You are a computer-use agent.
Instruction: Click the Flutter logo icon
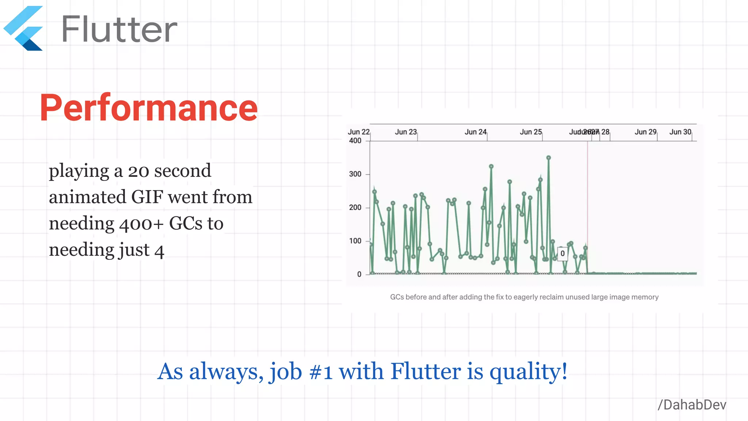24,29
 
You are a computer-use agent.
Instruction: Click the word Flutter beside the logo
119,29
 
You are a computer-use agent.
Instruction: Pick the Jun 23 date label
405,132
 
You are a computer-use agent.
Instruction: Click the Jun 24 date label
475,132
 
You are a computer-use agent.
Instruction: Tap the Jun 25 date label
531,132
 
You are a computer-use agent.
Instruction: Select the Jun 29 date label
645,132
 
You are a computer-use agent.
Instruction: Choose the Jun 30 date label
680,132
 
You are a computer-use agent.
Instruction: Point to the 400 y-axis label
355,141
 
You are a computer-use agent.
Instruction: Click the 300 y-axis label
355,174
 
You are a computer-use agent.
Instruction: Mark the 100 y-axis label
355,241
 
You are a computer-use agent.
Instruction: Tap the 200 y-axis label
355,208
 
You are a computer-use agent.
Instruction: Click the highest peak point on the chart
549,158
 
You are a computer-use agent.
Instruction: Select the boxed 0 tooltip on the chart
562,253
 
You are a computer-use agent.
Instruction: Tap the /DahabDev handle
692,405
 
